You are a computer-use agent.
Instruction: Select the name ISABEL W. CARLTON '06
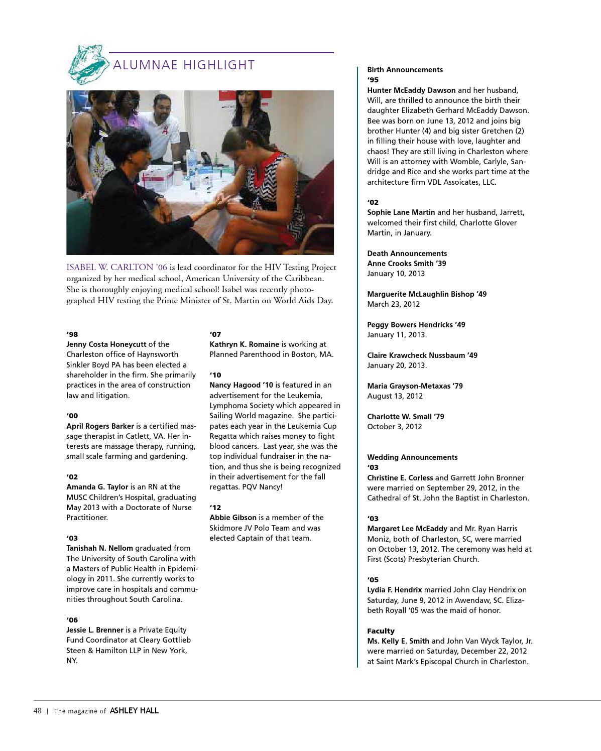coord(116,267)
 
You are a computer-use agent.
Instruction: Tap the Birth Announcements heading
coord(405,70)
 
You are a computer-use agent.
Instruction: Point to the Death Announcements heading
coord(407,254)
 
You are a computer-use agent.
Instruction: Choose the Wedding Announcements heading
coord(412,457)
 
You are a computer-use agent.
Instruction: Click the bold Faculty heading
coord(381,631)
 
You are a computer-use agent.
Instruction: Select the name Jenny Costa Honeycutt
coord(106,344)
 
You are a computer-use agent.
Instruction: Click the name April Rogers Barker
coord(100,426)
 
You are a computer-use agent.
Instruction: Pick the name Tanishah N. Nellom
coord(99,548)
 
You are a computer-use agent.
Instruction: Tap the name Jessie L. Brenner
coord(95,630)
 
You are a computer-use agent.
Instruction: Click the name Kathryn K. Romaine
coord(244,344)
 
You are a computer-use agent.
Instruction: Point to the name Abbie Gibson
coord(233,518)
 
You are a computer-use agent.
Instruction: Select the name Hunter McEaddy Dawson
coord(411,90)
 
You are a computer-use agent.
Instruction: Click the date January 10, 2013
coord(396,274)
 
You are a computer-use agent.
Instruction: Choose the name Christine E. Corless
coord(400,478)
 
